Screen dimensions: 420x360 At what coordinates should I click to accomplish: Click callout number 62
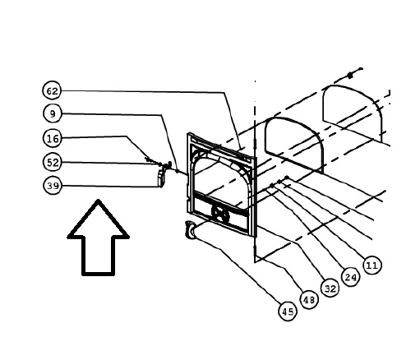click(52, 90)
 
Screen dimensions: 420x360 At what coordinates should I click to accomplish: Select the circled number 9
click(53, 113)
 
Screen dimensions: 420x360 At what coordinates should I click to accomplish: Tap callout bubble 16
click(53, 139)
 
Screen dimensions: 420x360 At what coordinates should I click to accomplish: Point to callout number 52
click(53, 163)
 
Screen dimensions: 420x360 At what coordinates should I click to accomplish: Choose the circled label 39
click(53, 186)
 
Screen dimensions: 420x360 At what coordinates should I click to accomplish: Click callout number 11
click(372, 265)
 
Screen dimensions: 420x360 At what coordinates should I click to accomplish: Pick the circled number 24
click(351, 277)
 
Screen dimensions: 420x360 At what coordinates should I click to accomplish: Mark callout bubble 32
click(330, 288)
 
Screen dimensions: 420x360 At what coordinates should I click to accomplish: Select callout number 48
click(309, 300)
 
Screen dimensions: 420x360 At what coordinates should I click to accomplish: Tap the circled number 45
click(288, 312)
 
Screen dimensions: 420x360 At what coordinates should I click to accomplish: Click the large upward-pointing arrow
click(98, 238)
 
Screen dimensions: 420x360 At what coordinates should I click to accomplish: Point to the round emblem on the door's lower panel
click(220, 214)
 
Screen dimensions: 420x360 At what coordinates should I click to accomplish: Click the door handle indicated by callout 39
click(161, 178)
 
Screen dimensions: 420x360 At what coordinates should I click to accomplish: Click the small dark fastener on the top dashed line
click(350, 76)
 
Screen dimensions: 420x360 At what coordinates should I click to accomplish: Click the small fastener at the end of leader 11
click(287, 178)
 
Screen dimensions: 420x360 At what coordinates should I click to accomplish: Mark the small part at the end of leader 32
click(272, 186)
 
